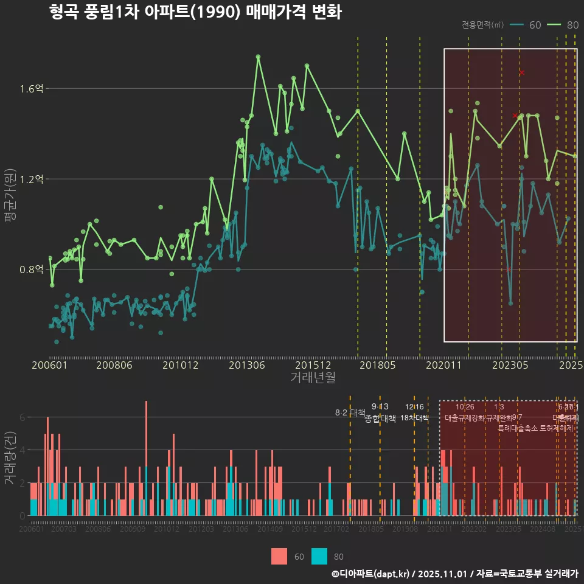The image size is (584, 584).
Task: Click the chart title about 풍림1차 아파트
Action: tap(195, 12)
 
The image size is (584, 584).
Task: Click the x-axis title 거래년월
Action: tap(313, 378)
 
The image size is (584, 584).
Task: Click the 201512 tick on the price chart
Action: tap(313, 365)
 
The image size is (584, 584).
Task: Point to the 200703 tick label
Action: tap(64, 530)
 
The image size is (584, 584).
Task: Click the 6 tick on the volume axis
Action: tap(22, 417)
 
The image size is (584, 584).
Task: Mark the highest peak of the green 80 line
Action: tap(258, 57)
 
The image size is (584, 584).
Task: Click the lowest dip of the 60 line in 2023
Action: tap(510, 303)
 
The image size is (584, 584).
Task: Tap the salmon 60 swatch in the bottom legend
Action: tap(279, 556)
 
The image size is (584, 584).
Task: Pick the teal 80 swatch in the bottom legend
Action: tap(319, 556)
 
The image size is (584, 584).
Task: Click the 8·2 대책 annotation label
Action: tap(350, 412)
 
